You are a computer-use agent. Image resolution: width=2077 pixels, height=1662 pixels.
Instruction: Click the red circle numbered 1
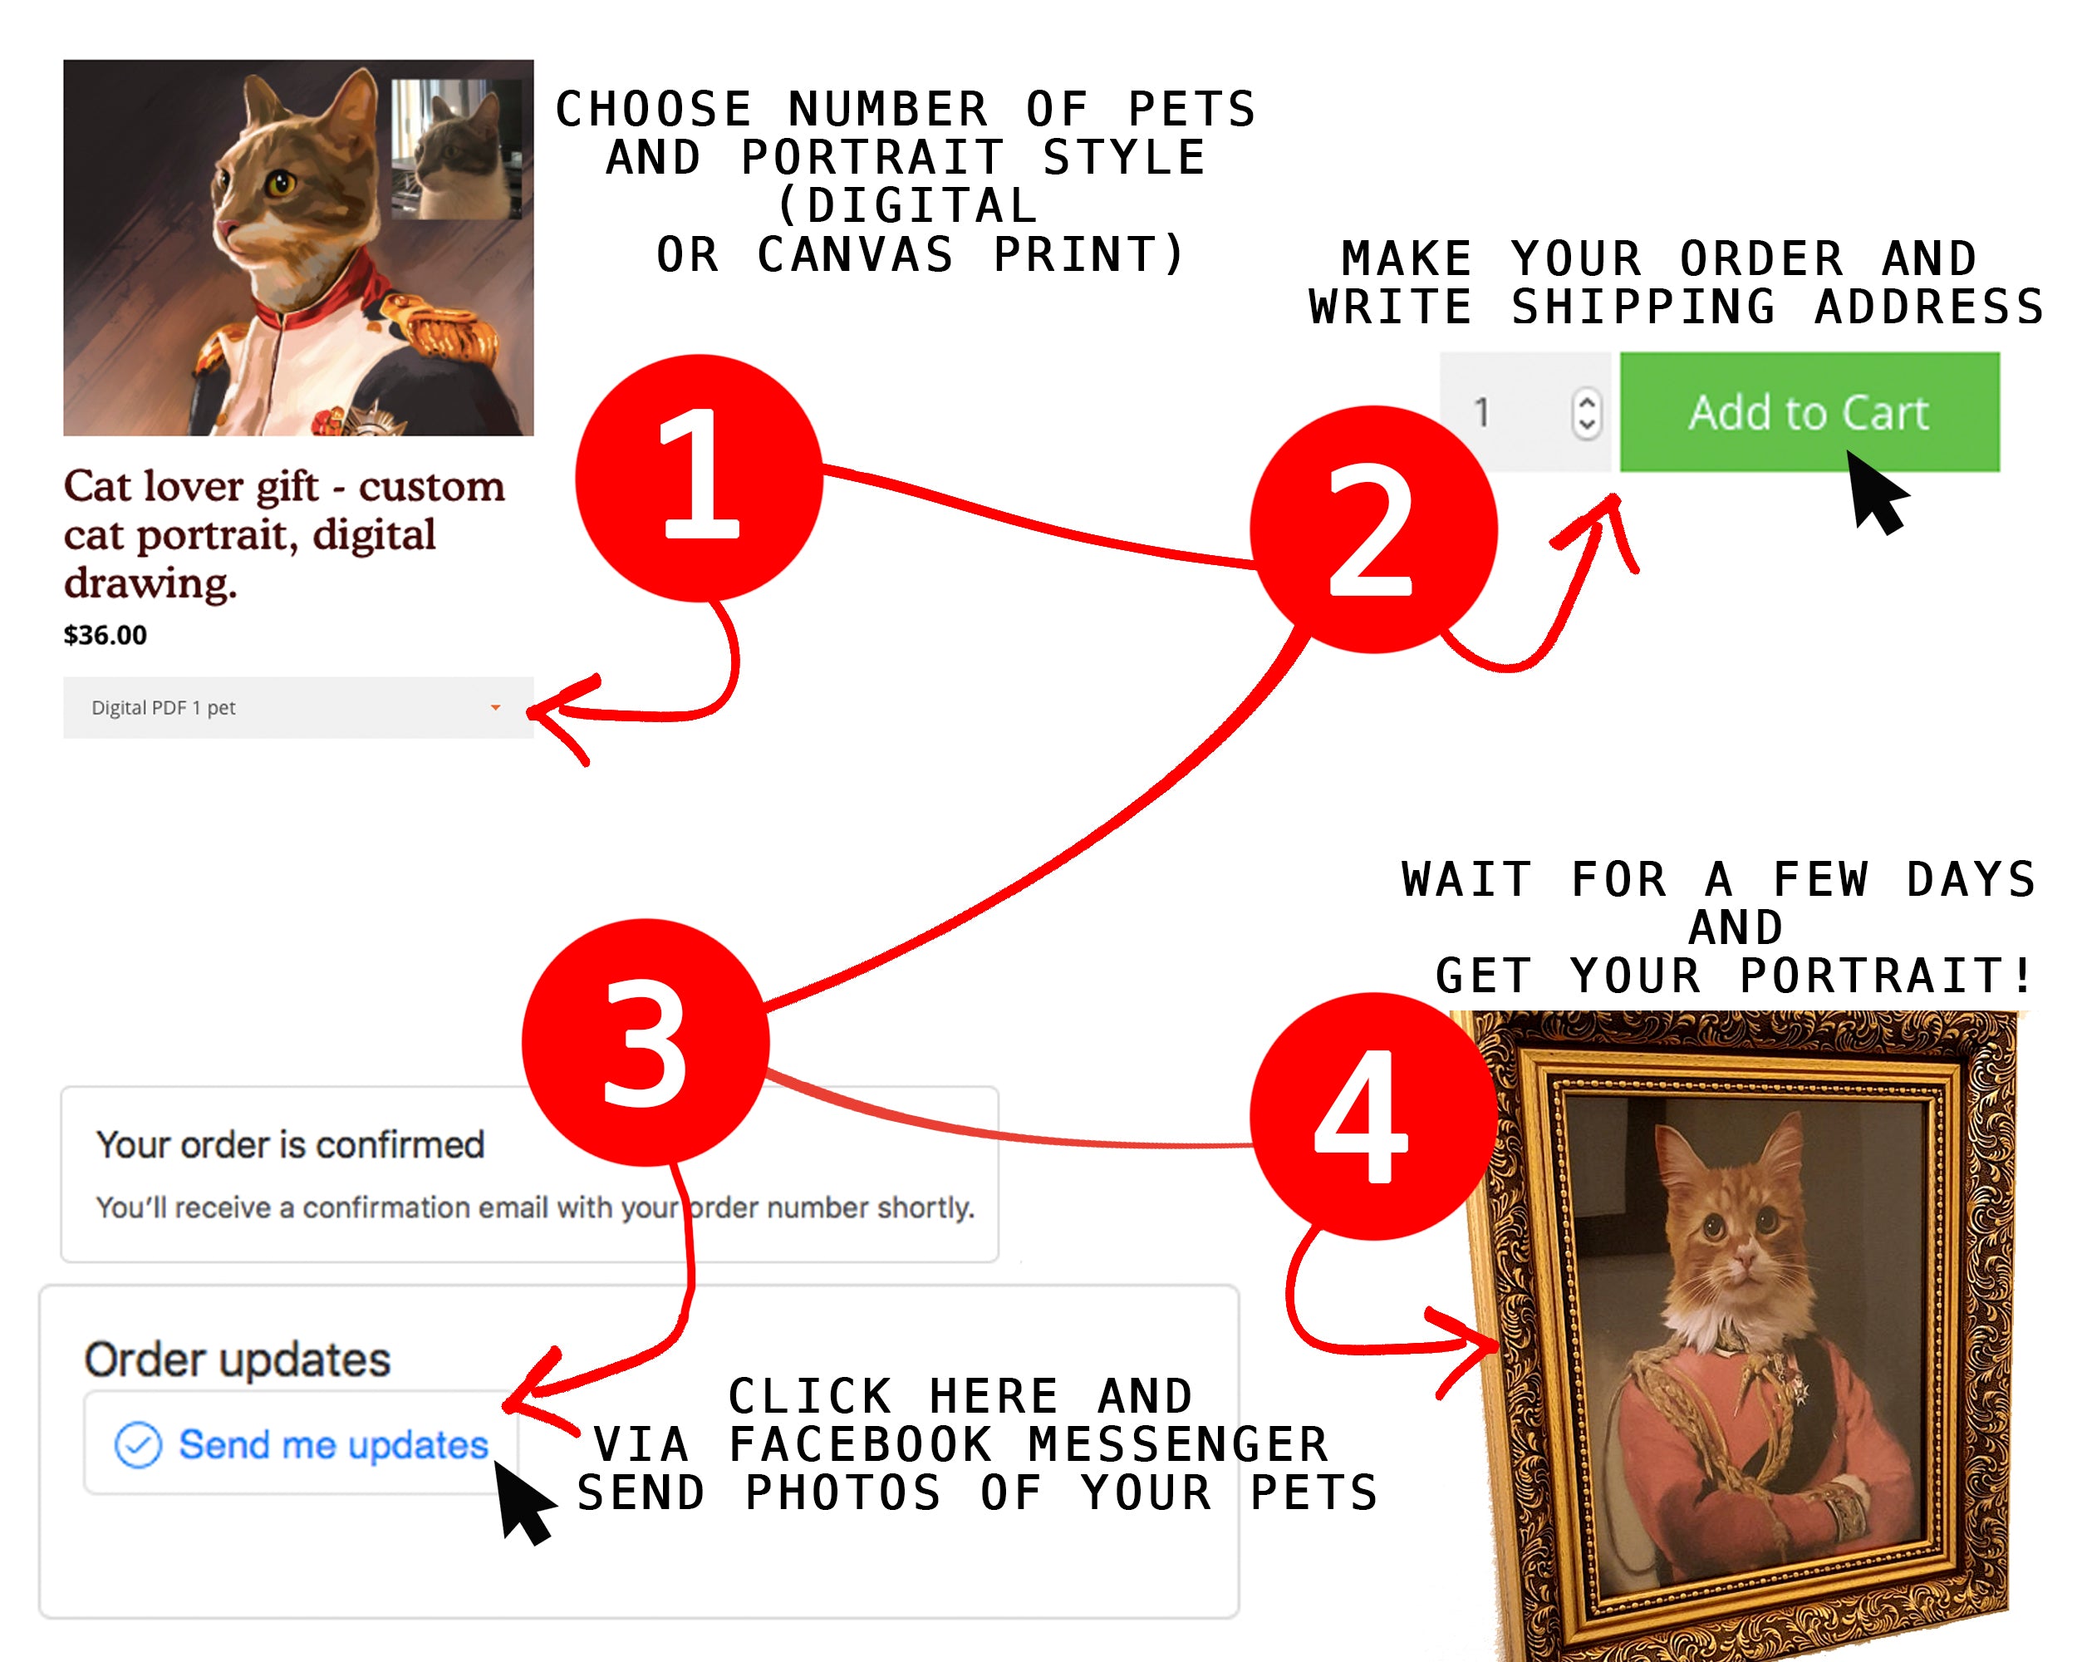(700, 478)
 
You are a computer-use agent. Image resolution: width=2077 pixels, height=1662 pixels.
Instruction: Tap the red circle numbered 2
(1374, 529)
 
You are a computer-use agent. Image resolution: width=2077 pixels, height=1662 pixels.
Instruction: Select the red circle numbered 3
(646, 1042)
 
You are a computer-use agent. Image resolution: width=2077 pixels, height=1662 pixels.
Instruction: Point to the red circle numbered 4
(1374, 1116)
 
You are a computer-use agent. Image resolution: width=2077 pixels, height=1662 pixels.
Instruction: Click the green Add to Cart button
(1809, 412)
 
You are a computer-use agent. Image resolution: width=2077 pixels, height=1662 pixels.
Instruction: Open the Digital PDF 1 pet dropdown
(298, 707)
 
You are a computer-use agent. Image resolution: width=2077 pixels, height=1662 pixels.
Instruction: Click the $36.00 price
(105, 635)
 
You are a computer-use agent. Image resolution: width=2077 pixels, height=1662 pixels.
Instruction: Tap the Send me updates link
(333, 1444)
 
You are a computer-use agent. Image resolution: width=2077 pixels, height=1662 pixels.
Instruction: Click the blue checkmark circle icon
(138, 1445)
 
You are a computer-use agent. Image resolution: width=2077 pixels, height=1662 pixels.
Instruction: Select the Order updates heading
(237, 1360)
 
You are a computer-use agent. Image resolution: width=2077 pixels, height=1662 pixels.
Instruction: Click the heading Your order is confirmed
(290, 1144)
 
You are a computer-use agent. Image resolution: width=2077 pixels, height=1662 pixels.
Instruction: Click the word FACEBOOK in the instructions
(859, 1444)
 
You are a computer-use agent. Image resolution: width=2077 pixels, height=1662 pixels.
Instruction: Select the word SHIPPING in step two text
(1643, 307)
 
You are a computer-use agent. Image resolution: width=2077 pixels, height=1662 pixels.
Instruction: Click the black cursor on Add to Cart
(1873, 491)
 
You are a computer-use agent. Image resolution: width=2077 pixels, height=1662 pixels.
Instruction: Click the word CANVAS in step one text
(856, 254)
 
